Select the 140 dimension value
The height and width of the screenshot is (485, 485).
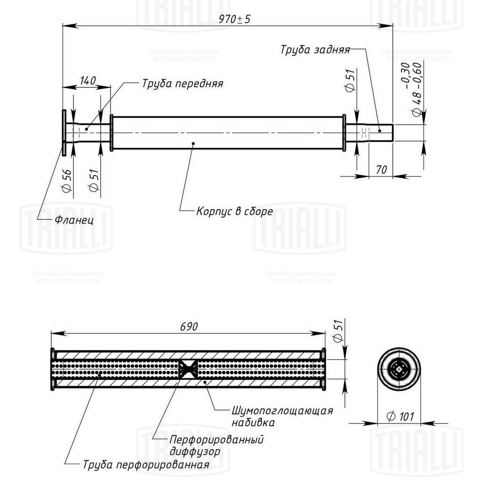tap(87, 81)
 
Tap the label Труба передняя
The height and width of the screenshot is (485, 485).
tap(182, 83)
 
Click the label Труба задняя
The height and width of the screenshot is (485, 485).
tap(315, 49)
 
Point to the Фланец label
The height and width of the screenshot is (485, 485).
tap(74, 220)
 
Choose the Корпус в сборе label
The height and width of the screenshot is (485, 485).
tap(234, 211)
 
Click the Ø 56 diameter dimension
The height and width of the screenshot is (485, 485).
tap(67, 180)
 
